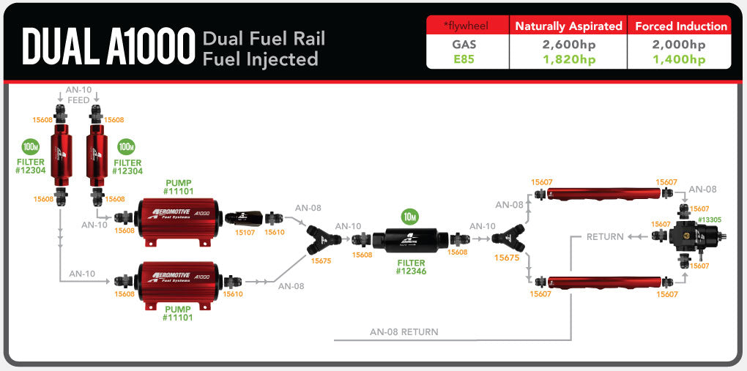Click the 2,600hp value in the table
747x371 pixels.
(x=568, y=45)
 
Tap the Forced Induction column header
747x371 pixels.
(x=680, y=26)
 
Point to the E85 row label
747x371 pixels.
(x=464, y=59)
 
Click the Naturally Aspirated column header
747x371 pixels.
(x=568, y=26)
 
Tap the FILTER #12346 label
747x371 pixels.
(x=411, y=266)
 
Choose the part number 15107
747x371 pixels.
(x=245, y=232)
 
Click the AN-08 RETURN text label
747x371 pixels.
(x=404, y=332)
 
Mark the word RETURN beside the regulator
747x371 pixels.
(x=605, y=237)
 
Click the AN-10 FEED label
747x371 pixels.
(x=78, y=94)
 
